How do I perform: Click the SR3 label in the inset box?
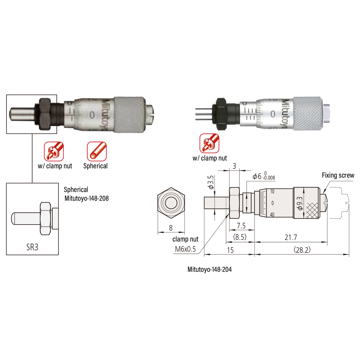32,247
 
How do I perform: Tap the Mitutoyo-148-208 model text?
86,198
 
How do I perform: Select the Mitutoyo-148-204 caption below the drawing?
209,269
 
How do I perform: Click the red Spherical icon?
97,151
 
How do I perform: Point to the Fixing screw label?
338,175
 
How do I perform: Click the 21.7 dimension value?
291,237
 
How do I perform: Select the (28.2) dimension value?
302,250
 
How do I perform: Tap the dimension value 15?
230,250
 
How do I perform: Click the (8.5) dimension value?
240,237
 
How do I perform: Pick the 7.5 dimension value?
241,226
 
